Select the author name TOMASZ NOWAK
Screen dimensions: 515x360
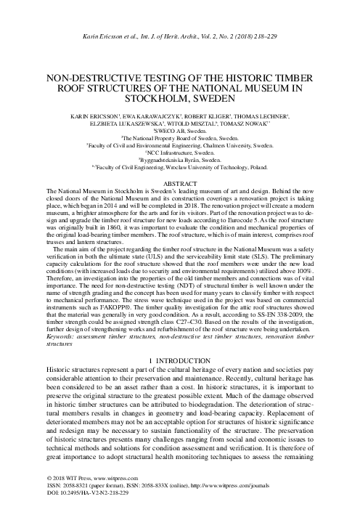(x=265, y=123)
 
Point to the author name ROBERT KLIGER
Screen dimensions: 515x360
(x=212, y=115)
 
